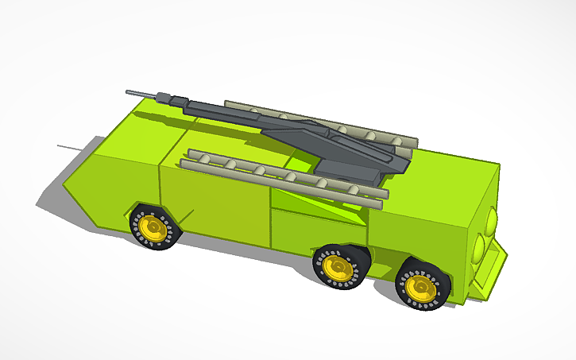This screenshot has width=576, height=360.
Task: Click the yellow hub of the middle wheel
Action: [336, 267]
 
